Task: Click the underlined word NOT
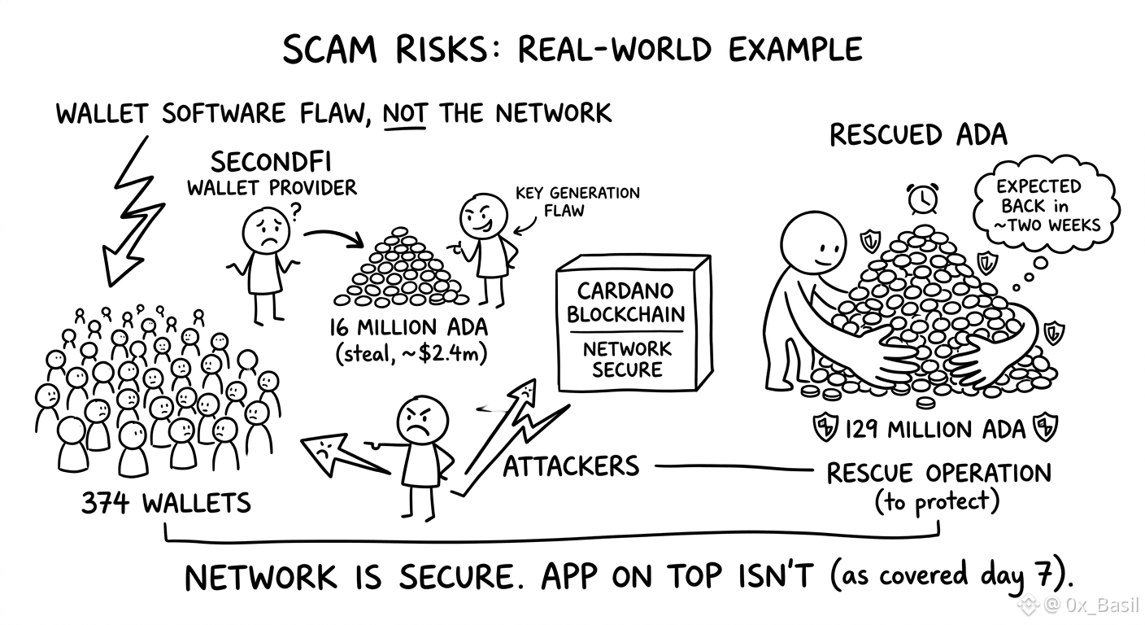[404, 113]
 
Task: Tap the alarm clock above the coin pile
[923, 199]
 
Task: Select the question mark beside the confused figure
[296, 212]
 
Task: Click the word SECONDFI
[271, 163]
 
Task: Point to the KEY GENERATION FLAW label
[577, 202]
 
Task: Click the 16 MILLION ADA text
[408, 327]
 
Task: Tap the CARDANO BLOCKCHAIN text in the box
[625, 303]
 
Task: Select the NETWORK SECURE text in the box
[627, 359]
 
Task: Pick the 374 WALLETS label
[166, 503]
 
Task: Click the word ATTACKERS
[571, 466]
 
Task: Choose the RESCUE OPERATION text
[939, 473]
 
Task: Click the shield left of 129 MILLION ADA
[825, 427]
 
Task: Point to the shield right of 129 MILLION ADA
[1045, 426]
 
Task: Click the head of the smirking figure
[483, 216]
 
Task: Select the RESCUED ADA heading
[919, 135]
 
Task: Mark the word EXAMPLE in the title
[795, 50]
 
